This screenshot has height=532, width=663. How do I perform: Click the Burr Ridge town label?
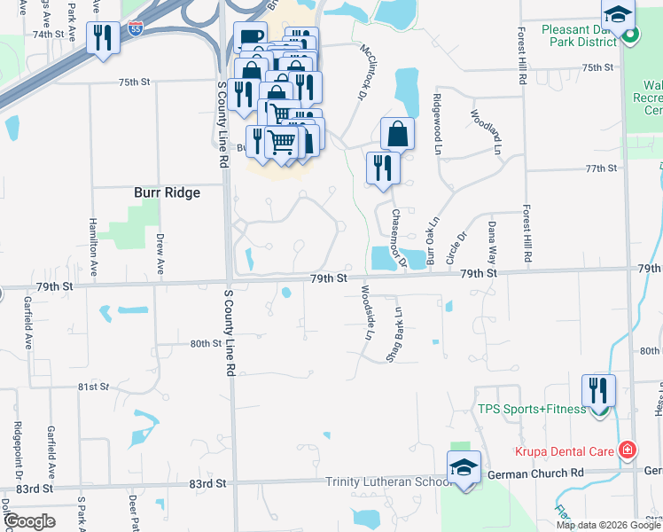tap(167, 192)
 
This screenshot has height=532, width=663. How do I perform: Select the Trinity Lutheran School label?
tap(385, 482)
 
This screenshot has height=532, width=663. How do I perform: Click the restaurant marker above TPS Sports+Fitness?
tap(598, 390)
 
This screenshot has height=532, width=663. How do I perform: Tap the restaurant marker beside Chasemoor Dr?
tap(383, 168)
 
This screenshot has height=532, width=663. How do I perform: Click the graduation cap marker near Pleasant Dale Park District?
tap(618, 13)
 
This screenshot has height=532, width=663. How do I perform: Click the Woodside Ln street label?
tap(366, 312)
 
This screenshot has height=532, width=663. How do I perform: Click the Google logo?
tap(29, 521)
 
